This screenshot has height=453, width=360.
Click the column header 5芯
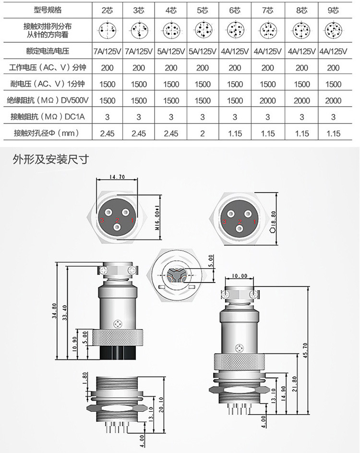pyautogui.click(x=203, y=10)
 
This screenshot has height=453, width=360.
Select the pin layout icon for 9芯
pyautogui.click(x=333, y=31)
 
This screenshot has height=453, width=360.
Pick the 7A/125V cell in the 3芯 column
pyautogui.click(x=139, y=51)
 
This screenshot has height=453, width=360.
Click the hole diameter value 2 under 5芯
pyautogui.click(x=203, y=134)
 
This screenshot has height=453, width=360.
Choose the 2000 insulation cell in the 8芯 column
pyautogui.click(x=301, y=101)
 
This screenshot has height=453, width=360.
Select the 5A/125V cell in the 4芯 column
pyautogui.click(x=171, y=51)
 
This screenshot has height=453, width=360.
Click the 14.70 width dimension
pyautogui.click(x=117, y=177)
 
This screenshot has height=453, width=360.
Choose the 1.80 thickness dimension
pyautogui.click(x=85, y=378)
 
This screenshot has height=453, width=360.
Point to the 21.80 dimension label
pyautogui.click(x=294, y=384)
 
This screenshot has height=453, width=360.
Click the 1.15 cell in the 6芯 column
pyautogui.click(x=235, y=134)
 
